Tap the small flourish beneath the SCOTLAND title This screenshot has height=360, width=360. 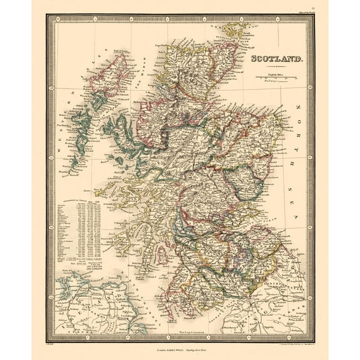[x=277, y=66]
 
